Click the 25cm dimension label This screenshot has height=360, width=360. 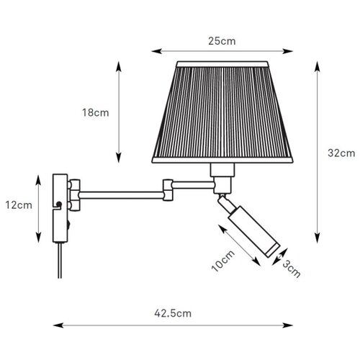coord(222,41)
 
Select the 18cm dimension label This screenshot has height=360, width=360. coord(96,112)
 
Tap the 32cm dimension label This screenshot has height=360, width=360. coord(341,153)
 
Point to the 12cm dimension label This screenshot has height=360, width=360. coord(19,205)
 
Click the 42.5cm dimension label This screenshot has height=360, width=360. coord(173,313)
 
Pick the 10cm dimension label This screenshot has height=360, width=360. coord(223,261)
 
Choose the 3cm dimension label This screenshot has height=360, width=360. coord(292,269)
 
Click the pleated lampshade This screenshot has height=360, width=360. coord(222,112)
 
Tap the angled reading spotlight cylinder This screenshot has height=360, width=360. coord(254,232)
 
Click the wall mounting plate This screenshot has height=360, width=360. coord(60,208)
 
